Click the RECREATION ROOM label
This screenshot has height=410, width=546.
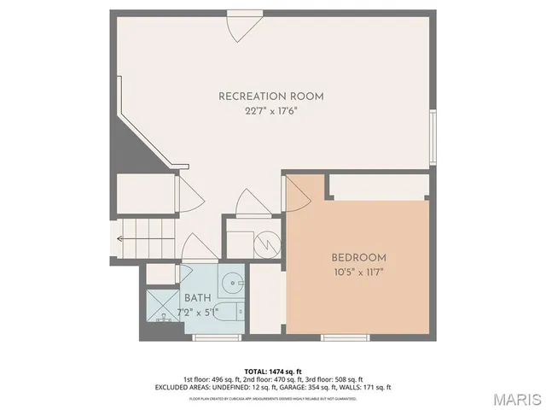click(x=271, y=97)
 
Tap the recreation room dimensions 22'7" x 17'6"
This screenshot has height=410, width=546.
click(x=271, y=111)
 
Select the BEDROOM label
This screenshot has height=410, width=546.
click(x=358, y=257)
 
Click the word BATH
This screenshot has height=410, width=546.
click(x=197, y=298)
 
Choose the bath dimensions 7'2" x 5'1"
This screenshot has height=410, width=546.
click(x=197, y=311)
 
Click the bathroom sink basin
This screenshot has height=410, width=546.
click(x=233, y=283)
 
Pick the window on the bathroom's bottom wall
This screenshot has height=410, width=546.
click(x=213, y=338)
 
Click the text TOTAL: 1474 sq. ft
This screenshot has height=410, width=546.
click(x=272, y=372)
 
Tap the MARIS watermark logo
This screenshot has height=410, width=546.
click(x=517, y=399)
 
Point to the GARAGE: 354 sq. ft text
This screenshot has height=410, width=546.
click(x=320, y=388)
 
